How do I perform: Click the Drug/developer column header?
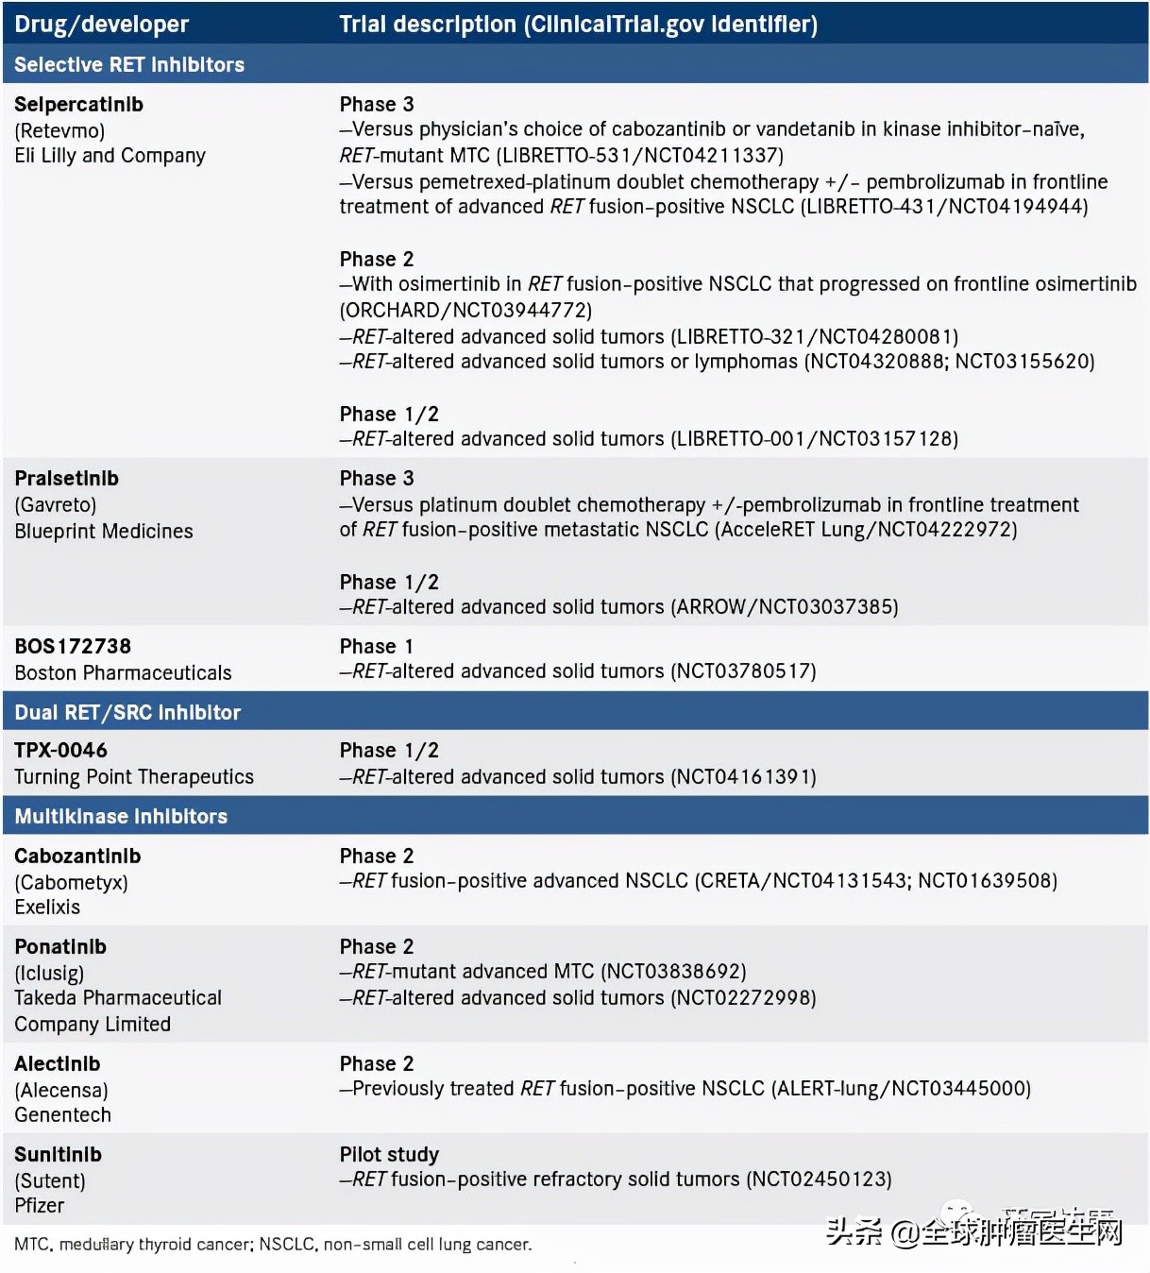[101, 25]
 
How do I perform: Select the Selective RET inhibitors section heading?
[129, 65]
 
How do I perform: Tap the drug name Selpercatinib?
[79, 105]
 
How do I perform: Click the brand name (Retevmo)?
[59, 130]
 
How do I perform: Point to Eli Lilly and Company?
[110, 156]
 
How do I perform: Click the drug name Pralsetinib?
[67, 479]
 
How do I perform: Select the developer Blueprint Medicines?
[104, 532]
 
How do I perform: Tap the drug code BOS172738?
[73, 647]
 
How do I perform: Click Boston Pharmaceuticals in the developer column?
[123, 673]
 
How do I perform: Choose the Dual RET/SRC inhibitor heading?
[127, 713]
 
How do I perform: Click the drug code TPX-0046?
[60, 751]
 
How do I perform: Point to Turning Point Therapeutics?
[134, 777]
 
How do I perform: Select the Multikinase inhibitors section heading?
[121, 817]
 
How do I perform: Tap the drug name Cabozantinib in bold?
[77, 857]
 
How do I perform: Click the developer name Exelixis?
[47, 908]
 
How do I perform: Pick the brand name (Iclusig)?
[49, 974]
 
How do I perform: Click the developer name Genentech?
[62, 1115]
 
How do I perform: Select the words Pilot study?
[389, 1155]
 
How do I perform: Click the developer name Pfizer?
[40, 1206]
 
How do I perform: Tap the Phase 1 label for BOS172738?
[376, 647]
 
